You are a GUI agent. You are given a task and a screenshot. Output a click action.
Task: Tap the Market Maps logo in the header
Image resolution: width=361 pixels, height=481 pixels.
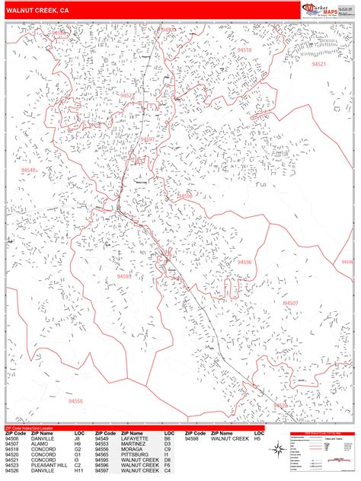point(321,9)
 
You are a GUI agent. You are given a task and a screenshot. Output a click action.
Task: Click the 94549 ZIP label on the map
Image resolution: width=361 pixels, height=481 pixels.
point(28,170)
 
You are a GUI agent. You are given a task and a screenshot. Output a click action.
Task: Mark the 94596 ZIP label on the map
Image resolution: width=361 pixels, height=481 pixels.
point(244,261)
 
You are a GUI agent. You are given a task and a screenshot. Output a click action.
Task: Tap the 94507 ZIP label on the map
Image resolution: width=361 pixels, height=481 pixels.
point(290,303)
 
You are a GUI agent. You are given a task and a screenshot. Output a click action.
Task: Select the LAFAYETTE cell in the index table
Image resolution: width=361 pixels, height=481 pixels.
point(134,439)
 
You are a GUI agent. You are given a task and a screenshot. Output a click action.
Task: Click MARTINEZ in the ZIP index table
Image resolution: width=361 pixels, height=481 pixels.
point(133,444)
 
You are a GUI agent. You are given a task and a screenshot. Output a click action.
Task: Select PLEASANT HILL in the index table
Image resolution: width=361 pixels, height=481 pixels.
point(46,463)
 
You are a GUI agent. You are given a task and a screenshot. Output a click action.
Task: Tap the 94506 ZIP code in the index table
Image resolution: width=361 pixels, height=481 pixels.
point(11,439)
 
